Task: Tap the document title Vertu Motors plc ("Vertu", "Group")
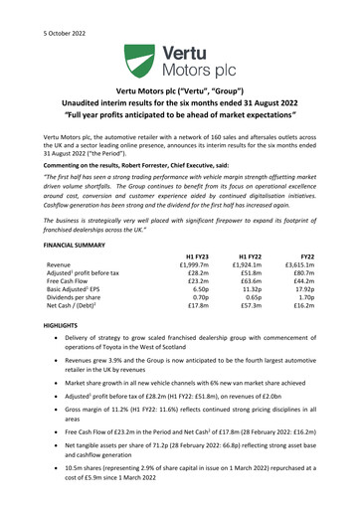[179, 102]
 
